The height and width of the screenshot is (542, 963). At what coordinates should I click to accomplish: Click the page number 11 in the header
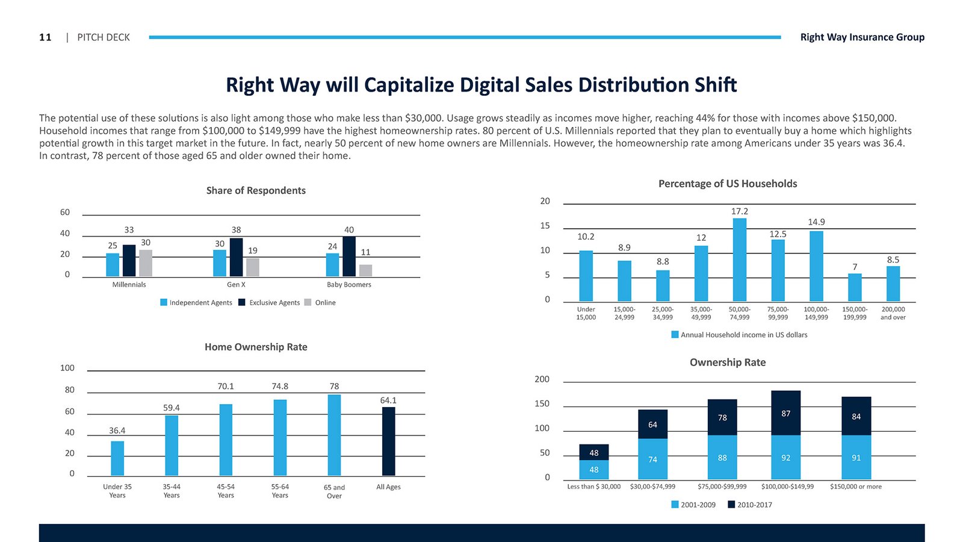45,37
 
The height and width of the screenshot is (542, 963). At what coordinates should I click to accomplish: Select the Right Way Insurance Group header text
862,37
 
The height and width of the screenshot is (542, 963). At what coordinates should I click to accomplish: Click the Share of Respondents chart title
256,190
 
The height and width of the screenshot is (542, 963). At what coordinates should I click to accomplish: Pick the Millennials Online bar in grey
146,263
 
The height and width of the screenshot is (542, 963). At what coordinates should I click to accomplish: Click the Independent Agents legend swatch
164,302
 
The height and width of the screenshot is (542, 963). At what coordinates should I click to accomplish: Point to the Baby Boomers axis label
349,285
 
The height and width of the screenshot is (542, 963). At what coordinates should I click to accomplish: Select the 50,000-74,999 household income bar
739,260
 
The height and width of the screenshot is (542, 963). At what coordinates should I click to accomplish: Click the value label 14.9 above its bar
816,222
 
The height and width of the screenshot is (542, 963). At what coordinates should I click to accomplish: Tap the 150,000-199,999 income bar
855,287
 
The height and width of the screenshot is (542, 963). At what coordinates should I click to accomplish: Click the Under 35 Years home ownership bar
117,458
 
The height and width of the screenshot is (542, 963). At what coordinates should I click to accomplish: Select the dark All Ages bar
389,441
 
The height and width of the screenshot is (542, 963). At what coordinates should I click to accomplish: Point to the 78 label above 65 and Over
334,386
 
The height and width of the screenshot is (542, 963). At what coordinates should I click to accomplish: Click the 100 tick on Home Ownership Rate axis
67,368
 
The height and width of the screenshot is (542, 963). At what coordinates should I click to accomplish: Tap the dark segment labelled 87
786,413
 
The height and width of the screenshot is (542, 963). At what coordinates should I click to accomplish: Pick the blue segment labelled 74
653,459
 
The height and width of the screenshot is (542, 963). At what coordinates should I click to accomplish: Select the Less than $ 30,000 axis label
593,487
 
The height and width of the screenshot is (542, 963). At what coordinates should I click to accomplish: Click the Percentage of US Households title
728,184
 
